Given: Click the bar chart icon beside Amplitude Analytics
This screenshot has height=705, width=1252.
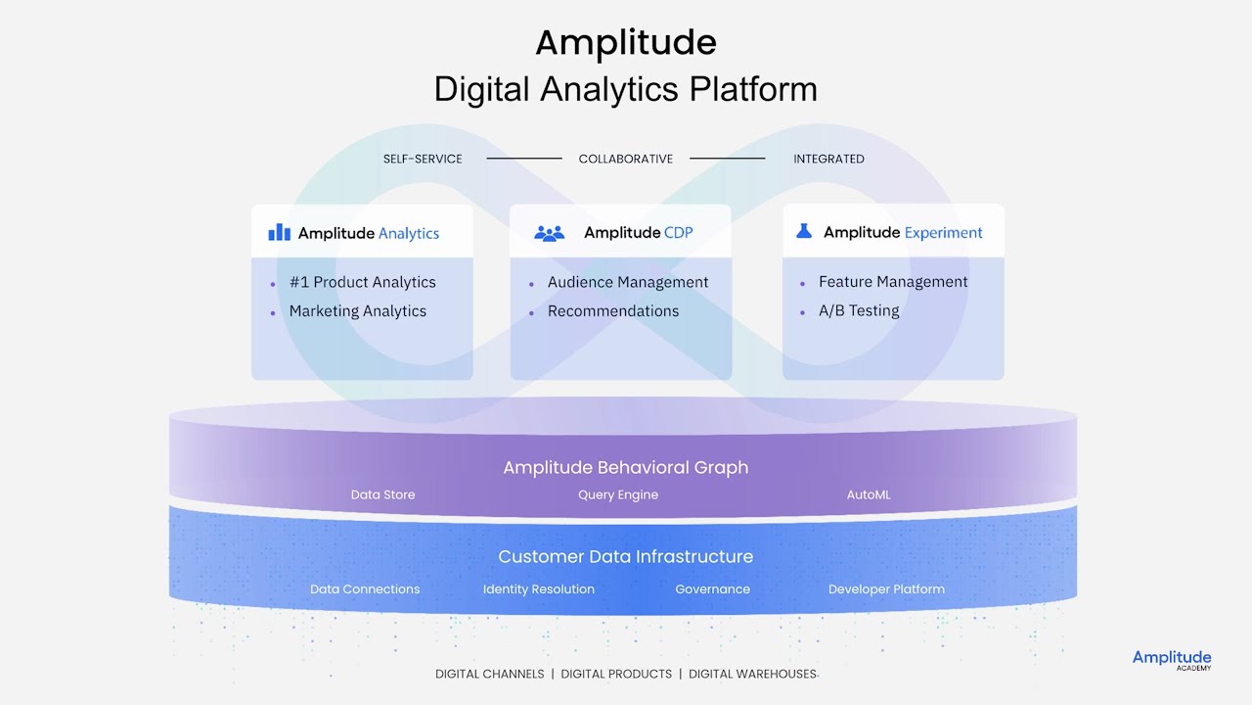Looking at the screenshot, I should [280, 232].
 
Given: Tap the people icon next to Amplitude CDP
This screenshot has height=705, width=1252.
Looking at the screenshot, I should [550, 233].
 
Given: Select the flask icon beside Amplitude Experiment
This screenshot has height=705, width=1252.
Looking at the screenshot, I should [804, 231].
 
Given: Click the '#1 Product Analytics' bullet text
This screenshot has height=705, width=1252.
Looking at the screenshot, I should [362, 282].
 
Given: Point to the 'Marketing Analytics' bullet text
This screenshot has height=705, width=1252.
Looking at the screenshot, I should [357, 311].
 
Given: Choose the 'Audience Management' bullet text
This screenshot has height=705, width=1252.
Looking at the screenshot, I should [628, 282].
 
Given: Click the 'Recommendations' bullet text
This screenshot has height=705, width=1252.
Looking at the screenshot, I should [613, 311].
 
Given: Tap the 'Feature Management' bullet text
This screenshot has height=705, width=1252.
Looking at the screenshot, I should [893, 282].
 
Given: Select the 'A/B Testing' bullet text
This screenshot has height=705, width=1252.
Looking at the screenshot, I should [859, 310].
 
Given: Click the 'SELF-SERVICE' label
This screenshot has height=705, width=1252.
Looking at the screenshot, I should [423, 159].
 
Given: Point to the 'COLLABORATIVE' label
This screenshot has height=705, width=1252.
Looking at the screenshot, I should [626, 159].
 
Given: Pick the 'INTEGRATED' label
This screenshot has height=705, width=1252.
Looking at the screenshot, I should [828, 159].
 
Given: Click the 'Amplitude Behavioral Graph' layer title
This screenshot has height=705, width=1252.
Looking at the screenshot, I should [626, 467].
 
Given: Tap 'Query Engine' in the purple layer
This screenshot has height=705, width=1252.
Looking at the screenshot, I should [618, 494].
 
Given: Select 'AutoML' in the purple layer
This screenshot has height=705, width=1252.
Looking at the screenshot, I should [869, 494].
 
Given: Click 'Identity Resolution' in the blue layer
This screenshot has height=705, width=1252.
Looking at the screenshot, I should [539, 589].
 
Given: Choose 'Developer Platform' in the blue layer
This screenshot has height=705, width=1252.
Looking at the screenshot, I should [886, 589].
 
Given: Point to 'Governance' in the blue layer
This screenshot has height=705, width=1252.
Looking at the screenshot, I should [712, 589].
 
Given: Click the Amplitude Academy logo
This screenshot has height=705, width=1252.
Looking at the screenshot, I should [1172, 660].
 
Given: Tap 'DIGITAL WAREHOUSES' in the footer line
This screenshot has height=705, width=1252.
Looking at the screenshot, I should [752, 674].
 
